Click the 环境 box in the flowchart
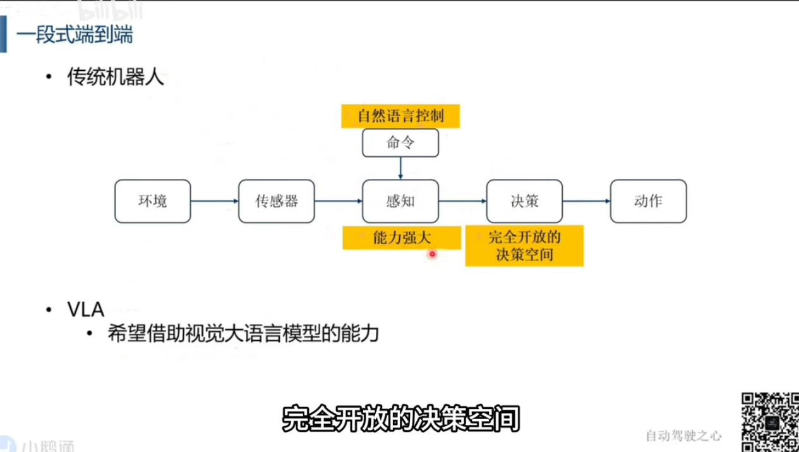tap(152, 202)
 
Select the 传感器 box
tap(276, 202)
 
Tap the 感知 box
tap(400, 202)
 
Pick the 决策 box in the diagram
tap(524, 202)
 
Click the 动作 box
tap(648, 202)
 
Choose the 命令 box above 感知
tap(400, 143)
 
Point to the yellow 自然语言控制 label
tap(400, 116)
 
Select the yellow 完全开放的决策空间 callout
tap(524, 246)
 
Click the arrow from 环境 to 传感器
tap(214, 202)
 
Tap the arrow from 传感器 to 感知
tap(338, 202)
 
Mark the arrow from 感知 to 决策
tap(462, 202)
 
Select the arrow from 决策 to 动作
tap(586, 202)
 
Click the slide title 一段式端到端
tap(75, 35)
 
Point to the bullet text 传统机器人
tap(115, 78)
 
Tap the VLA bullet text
tap(85, 310)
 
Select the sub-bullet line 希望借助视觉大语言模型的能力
tap(243, 333)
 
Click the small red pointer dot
tap(432, 254)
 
